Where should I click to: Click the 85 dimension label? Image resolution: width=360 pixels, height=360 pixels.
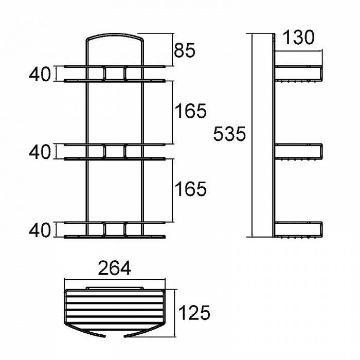(185, 50)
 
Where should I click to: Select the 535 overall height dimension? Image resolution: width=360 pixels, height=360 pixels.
(229, 134)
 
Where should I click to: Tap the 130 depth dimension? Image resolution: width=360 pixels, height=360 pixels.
(298, 38)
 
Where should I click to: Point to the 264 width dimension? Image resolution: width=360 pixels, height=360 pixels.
(114, 268)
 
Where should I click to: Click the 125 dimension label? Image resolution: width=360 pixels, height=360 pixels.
(194, 313)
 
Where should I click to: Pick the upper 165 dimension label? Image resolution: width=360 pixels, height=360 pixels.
(191, 111)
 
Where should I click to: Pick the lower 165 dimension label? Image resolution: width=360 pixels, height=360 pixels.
(191, 189)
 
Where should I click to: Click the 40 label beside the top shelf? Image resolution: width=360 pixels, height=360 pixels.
(40, 74)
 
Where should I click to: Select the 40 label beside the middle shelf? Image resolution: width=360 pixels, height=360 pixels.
(40, 152)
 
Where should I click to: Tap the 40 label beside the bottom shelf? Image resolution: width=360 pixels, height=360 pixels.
(40, 230)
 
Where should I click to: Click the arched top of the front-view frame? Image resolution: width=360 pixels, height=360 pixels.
(115, 37)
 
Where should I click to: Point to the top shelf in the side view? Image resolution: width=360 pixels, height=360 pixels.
(298, 74)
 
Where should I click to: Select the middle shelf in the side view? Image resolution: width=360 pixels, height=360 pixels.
(298, 152)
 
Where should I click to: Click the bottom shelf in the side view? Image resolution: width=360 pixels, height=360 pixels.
(298, 230)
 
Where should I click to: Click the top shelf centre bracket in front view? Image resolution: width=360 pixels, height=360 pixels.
(115, 74)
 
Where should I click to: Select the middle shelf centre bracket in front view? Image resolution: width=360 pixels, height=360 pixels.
(115, 152)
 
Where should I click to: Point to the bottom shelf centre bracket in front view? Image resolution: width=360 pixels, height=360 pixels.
(115, 229)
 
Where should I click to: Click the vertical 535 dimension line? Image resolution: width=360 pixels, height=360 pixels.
(253, 135)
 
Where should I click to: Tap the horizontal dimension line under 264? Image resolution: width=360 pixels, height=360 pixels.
(115, 279)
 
